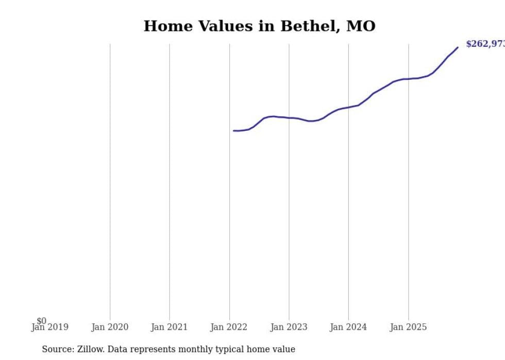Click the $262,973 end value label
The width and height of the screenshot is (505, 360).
point(485,44)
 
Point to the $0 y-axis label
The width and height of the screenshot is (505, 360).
point(41,321)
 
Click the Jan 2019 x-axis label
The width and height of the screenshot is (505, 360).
point(50,327)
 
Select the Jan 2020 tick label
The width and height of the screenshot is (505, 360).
point(110,327)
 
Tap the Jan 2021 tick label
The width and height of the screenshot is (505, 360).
point(170,327)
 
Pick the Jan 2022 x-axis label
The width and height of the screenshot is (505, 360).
point(229,327)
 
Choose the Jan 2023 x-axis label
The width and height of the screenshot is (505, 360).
point(289,327)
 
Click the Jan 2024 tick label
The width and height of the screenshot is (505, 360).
point(348,327)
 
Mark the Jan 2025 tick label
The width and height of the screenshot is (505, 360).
point(408,327)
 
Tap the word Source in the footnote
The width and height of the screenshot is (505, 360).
point(57,349)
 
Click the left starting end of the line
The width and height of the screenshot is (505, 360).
point(233,130)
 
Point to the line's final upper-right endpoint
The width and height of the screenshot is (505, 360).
point(458,47)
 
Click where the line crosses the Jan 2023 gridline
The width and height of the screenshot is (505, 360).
point(289,118)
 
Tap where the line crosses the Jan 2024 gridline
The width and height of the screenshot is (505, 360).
point(348,107)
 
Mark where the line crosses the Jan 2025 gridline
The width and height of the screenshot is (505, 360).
point(409,79)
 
